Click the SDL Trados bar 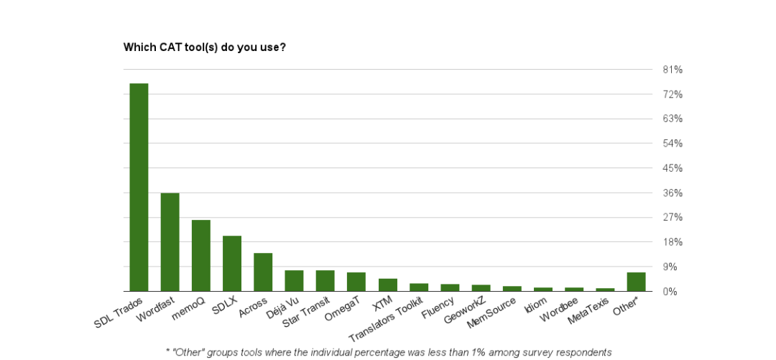point(139,187)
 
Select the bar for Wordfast point(170,241)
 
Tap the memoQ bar point(200,255)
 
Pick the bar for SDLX point(232,263)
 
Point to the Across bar point(263,272)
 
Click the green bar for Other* point(636,282)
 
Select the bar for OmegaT point(356,282)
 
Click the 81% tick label point(673,70)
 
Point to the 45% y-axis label point(673,168)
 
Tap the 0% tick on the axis point(670,291)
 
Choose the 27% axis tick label point(673,217)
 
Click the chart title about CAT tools point(205,47)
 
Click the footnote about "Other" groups point(388,352)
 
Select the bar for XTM point(388,285)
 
